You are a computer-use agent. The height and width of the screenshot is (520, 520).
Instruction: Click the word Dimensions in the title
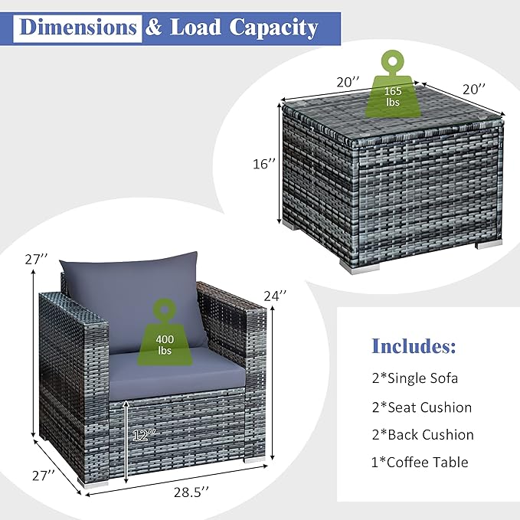(x=78, y=28)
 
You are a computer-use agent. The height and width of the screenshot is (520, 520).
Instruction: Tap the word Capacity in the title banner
(x=273, y=28)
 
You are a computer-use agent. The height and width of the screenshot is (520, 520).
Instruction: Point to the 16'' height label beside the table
(x=264, y=163)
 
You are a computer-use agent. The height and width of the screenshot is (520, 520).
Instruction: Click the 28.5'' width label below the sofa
(x=191, y=492)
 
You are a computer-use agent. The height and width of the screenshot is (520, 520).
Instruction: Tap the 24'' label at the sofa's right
(x=275, y=295)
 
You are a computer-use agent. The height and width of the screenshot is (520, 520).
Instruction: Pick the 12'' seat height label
(x=144, y=435)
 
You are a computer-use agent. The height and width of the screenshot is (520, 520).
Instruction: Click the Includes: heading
(x=414, y=345)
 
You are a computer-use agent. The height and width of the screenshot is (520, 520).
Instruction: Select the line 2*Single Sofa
(x=415, y=378)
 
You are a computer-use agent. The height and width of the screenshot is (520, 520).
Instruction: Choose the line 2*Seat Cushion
(x=422, y=407)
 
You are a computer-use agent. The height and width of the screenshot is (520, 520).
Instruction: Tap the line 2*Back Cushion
(x=423, y=435)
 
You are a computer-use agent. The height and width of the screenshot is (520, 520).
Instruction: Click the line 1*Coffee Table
(x=420, y=463)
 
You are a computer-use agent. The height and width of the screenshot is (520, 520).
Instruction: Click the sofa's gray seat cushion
(x=178, y=371)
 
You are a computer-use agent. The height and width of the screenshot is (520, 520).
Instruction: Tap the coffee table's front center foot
(x=359, y=267)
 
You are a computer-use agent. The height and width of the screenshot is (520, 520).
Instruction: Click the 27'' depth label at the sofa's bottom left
(x=44, y=476)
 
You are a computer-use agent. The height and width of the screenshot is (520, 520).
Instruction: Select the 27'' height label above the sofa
(x=36, y=260)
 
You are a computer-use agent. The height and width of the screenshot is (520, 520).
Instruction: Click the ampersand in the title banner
(x=153, y=28)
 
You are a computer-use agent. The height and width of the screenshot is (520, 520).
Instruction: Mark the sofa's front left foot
(x=93, y=483)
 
